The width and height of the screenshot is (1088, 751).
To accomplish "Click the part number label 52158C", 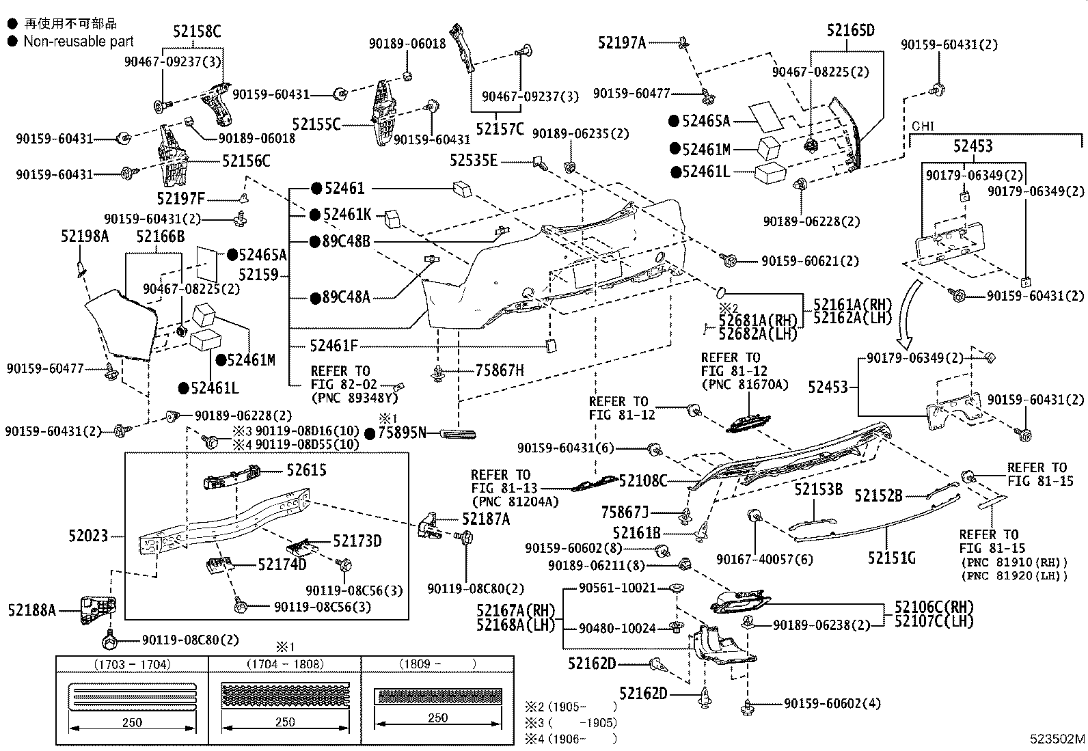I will tap(197, 31).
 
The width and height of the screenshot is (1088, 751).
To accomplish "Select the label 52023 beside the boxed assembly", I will tap(88, 536).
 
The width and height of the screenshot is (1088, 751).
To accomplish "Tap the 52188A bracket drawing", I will tap(98, 610).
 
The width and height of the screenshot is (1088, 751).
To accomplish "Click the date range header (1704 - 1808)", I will tap(284, 664).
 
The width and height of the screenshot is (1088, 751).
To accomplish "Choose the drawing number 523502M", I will tap(1057, 739).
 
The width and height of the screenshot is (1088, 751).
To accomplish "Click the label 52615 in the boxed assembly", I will tap(306, 470).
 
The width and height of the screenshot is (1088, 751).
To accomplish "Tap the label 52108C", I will tap(642, 481).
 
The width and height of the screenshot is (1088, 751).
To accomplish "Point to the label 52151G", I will tap(891, 558).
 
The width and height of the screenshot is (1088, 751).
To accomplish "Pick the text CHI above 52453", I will tap(923, 126).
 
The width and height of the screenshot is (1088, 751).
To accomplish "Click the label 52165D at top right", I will tap(850, 31).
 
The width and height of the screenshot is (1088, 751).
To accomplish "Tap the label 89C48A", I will tap(346, 297).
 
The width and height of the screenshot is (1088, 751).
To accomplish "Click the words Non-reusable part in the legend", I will tap(79, 42).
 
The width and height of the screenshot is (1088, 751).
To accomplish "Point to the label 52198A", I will tap(84, 236).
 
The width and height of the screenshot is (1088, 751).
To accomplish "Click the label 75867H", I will tap(500, 370).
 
